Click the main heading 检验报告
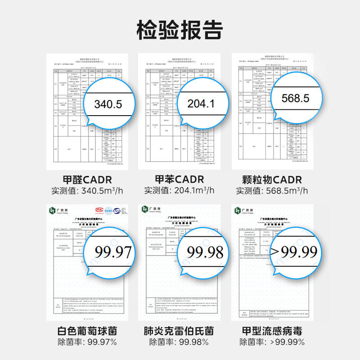click(180, 30)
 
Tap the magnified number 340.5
click(108, 104)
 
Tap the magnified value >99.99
click(294, 252)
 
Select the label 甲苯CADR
click(180, 180)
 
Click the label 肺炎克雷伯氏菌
click(180, 331)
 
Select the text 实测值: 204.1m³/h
click(180, 191)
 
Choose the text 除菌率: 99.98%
click(180, 342)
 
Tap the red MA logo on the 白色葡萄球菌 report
click(99, 210)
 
